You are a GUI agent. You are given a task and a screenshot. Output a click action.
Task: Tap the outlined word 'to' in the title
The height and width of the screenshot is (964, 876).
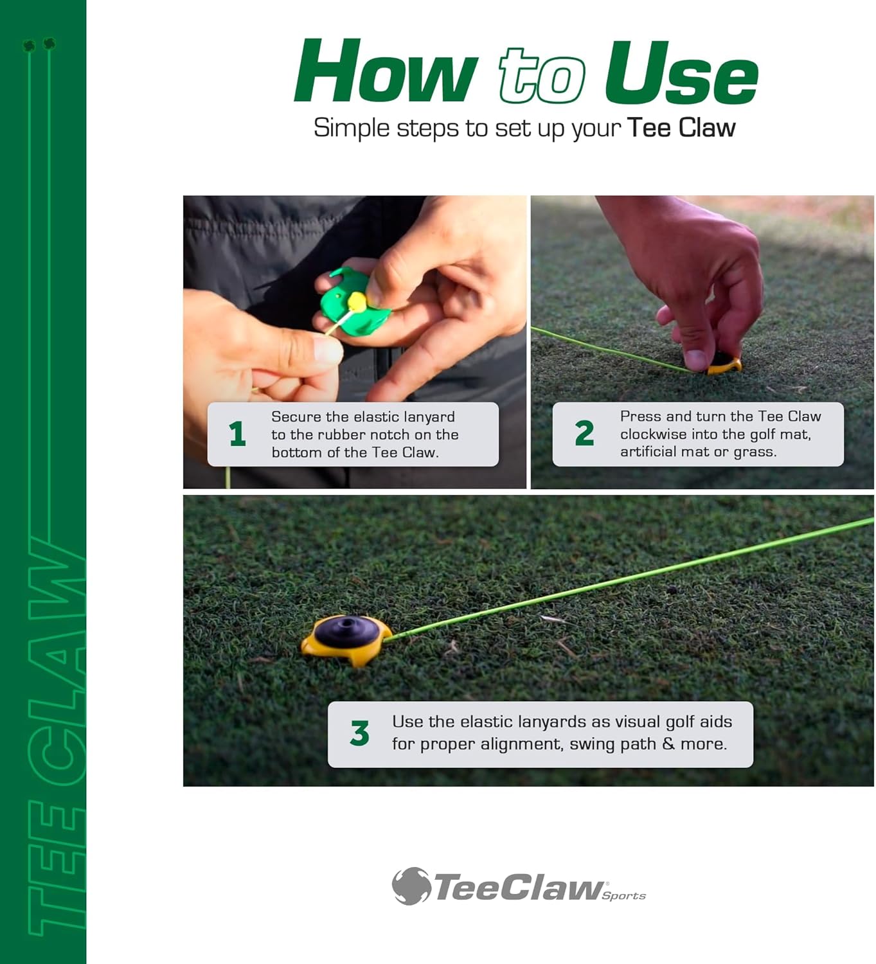coord(541,76)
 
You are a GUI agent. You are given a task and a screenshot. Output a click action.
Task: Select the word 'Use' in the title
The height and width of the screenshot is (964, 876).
coord(681,74)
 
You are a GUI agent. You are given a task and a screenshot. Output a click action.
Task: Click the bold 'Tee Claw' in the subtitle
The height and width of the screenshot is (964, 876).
coord(681,127)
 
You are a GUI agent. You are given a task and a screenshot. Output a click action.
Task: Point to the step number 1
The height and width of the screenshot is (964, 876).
coord(237,434)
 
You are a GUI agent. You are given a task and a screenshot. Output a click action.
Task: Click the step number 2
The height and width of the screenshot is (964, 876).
coord(584,433)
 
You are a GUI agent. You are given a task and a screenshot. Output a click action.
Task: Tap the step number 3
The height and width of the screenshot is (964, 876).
coord(359,733)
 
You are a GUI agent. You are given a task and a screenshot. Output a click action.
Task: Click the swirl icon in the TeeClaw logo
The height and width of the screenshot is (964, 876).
coord(411,886)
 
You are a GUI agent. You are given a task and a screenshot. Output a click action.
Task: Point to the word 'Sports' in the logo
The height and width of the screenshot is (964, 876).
coord(623,896)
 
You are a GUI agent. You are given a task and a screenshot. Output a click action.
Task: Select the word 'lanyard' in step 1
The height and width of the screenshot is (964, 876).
coord(429,416)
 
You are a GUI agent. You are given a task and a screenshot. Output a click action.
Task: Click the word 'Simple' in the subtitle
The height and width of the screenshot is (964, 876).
coord(352,128)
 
